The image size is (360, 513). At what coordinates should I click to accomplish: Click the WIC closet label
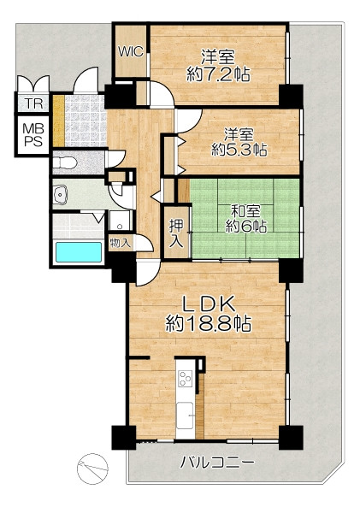[x=131, y=51]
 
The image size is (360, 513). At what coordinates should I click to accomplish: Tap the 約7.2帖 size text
[x=218, y=74]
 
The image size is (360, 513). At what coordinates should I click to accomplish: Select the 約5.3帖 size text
[x=239, y=150]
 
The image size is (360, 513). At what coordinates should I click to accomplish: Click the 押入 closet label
[x=177, y=233]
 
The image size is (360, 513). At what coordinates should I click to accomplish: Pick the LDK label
[x=209, y=304]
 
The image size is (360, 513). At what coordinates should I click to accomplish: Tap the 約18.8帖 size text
[x=208, y=324]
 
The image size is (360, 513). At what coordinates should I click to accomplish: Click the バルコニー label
[x=218, y=463]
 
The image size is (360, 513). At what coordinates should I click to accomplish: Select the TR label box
[x=34, y=103]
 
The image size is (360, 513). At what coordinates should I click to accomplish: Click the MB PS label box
[x=33, y=134]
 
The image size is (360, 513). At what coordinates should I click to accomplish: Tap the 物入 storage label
[x=121, y=243]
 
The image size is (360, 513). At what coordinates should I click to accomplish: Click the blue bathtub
[x=79, y=251]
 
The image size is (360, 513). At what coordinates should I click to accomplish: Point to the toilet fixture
[x=65, y=162]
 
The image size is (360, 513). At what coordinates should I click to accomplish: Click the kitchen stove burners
[x=185, y=378]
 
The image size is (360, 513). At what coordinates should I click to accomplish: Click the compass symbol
[x=92, y=469]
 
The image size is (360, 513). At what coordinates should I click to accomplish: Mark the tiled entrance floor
[x=86, y=121]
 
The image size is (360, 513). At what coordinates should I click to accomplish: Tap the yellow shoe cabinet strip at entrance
[x=59, y=121]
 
